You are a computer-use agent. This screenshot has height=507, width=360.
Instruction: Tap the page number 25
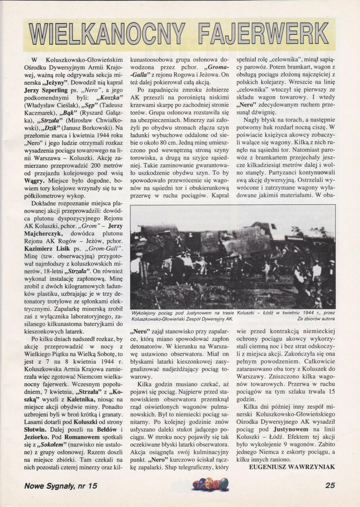pyautogui.click(x=330, y=486)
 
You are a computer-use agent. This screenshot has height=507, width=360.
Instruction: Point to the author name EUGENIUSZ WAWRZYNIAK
pyautogui.click(x=292, y=467)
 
